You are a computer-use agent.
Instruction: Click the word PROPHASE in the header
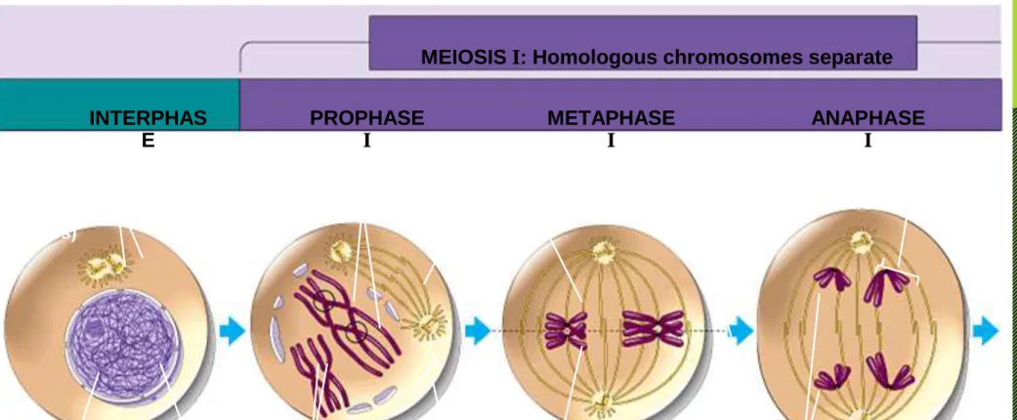click(x=366, y=118)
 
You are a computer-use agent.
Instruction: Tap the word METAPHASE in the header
click(x=611, y=118)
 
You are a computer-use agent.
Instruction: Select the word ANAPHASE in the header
click(x=868, y=118)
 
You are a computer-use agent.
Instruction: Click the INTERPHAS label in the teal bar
click(x=148, y=118)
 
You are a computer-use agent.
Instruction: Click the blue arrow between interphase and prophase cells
click(x=233, y=330)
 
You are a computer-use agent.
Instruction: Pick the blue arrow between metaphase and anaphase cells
click(x=741, y=331)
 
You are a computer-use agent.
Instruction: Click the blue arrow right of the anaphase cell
click(x=986, y=330)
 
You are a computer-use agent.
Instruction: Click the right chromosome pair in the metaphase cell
click(x=655, y=328)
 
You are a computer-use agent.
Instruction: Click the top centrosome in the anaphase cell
click(x=863, y=243)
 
